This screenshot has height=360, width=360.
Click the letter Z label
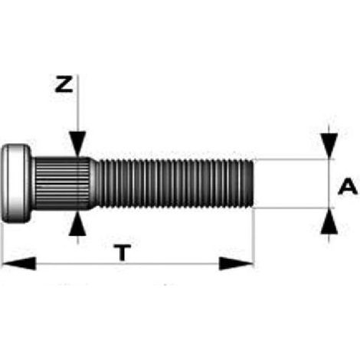pyautogui.click(x=64, y=83)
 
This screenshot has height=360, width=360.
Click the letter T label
pyautogui.click(x=123, y=253)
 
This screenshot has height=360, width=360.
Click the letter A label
pyautogui.click(x=348, y=187)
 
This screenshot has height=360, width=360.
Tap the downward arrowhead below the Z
pyautogui.click(x=77, y=143)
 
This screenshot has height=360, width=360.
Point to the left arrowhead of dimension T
pyautogui.click(x=19, y=263)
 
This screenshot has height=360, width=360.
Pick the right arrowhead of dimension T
pyautogui.click(x=237, y=263)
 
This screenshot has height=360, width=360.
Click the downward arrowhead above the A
pyautogui.click(x=329, y=146)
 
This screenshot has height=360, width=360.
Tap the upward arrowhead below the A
pyautogui.click(x=329, y=221)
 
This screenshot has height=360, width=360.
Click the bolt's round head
pyautogui.click(x=16, y=183)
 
